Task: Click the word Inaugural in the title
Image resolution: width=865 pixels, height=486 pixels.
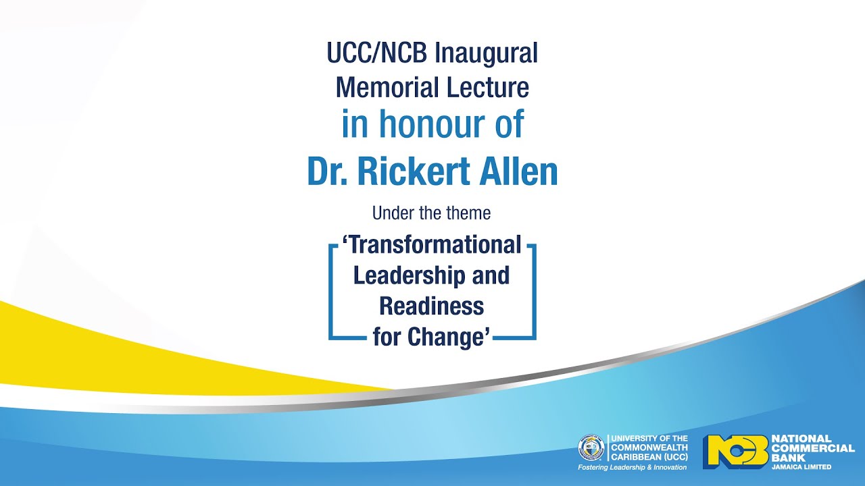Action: [486, 53]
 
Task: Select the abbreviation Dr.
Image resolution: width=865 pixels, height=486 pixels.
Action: [328, 172]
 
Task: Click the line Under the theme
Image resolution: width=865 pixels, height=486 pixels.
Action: [432, 214]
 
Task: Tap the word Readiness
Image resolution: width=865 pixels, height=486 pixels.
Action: [432, 306]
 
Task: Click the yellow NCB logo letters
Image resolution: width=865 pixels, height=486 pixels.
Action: [735, 451]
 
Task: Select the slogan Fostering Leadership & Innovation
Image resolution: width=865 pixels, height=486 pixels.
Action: [632, 467]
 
